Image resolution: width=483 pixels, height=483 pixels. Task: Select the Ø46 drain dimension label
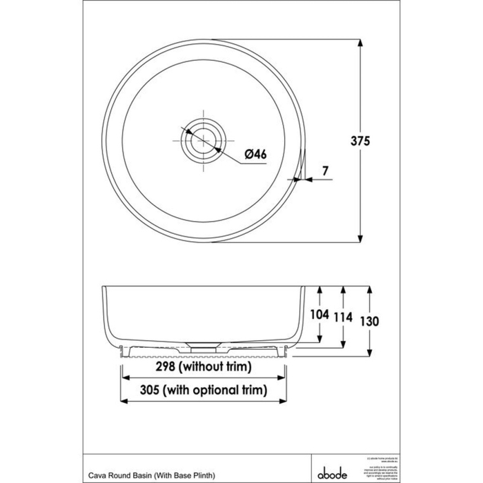coord(255,154)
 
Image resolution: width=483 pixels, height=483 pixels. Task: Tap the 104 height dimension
coord(319,316)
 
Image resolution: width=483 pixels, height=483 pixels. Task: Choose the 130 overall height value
coord(371,320)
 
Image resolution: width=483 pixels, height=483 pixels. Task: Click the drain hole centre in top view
coord(201,137)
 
